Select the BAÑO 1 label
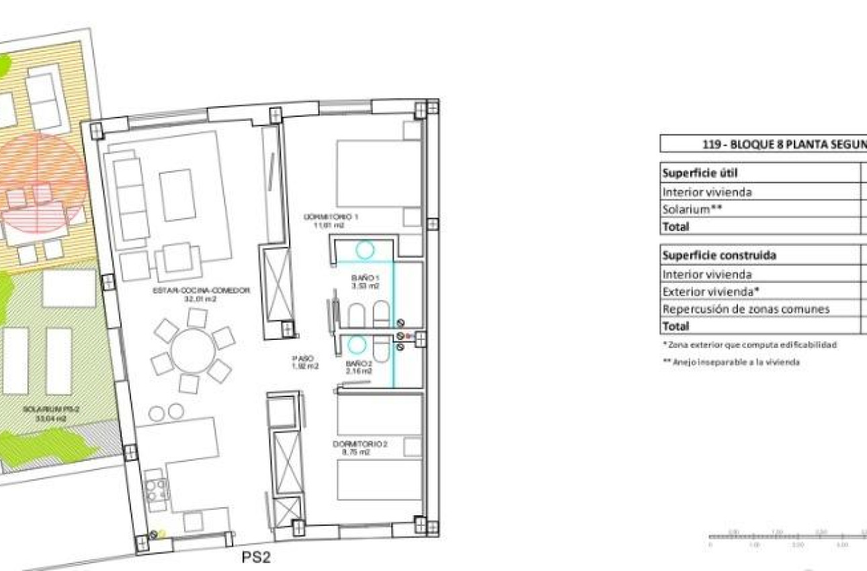(365, 281)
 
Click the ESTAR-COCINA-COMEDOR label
(201, 294)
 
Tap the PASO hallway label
(304, 363)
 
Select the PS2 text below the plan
(255, 557)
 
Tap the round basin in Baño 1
(365, 251)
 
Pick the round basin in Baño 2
(357, 344)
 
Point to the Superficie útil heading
(700, 173)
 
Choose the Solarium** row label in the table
(692, 209)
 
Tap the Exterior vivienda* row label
(712, 292)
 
